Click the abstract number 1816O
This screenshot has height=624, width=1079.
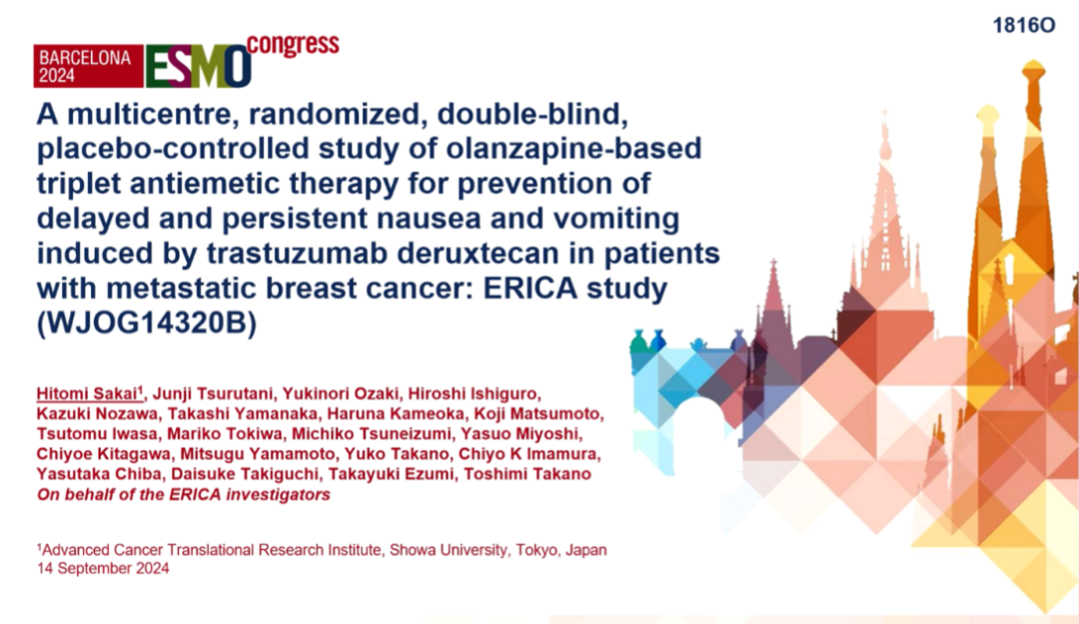(x=1024, y=25)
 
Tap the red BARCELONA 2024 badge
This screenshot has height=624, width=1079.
(x=88, y=67)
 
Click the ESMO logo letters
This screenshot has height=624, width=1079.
(x=198, y=67)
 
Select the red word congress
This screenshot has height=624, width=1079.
(x=293, y=45)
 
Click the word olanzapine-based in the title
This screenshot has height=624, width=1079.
(x=573, y=149)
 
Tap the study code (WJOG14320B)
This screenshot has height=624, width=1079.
(x=147, y=322)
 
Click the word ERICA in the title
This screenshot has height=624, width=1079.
(x=530, y=288)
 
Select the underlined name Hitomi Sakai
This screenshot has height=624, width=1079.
(x=87, y=393)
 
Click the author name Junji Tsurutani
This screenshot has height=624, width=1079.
(x=214, y=393)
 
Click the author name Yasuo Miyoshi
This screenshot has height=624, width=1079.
(x=521, y=434)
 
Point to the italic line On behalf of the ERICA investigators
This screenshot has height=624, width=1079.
(x=184, y=494)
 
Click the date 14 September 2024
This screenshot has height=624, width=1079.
(x=103, y=568)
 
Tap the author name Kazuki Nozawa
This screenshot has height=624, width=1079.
(x=97, y=414)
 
